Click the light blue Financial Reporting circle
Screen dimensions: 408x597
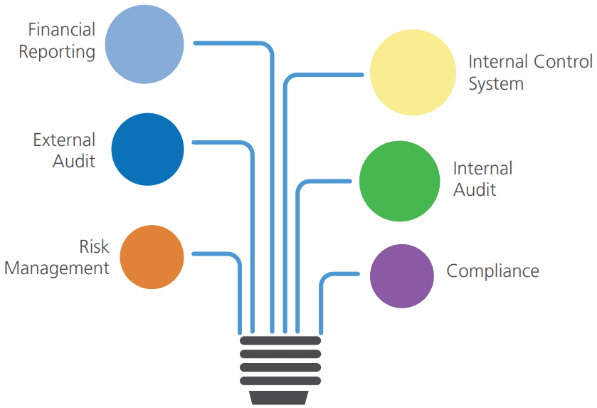144,43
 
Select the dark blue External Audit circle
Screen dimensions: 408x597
148,150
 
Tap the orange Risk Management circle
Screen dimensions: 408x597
152,257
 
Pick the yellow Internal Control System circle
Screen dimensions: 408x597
413,73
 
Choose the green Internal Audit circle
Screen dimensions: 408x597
399,181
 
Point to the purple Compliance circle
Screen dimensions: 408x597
402,276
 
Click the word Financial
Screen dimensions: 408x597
62,30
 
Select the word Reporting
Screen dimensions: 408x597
57,52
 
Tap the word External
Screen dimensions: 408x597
64,140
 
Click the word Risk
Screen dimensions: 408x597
94,246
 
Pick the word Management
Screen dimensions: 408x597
57,268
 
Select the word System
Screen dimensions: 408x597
496,84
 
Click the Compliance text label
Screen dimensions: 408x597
492,271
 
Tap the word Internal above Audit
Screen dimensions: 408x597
482,169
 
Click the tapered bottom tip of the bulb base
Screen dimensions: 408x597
280,397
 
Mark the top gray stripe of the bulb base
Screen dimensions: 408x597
280,341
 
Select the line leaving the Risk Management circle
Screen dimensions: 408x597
213,253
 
